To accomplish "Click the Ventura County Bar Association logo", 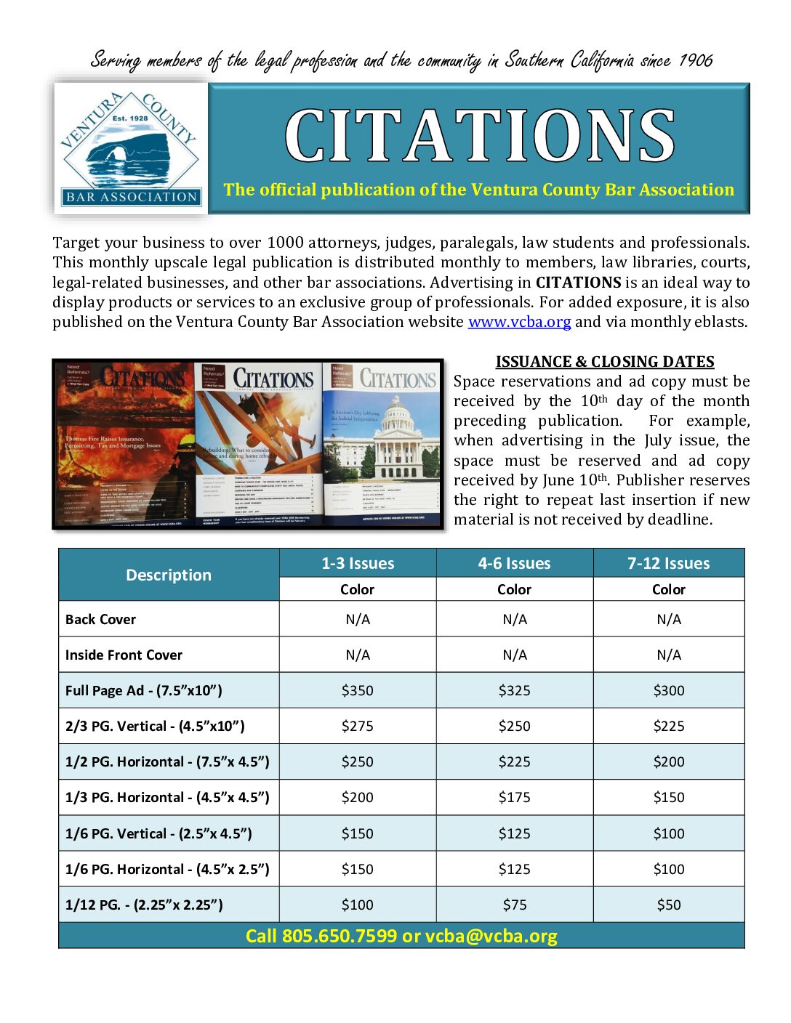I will (x=131, y=148).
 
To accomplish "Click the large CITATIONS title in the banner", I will (x=480, y=137).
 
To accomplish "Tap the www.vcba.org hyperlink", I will (x=519, y=322).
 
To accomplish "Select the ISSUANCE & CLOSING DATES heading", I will (x=605, y=362).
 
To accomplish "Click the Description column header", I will (x=169, y=575).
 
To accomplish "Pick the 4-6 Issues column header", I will (x=514, y=563).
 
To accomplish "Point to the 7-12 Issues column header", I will (x=668, y=563).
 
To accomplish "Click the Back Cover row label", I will (x=100, y=619).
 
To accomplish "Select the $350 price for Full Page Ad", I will (x=357, y=690).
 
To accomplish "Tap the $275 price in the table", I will (x=357, y=726).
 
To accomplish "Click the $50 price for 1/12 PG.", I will (x=668, y=905).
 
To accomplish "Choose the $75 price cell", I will (x=514, y=905).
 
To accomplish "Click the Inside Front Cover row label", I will (x=124, y=655).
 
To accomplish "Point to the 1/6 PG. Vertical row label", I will (x=158, y=833).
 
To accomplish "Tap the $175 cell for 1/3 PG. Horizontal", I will (x=514, y=797).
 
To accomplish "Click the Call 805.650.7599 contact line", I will (x=401, y=936).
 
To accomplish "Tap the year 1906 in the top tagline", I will (x=696, y=60).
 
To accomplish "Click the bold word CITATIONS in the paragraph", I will (x=578, y=283).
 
